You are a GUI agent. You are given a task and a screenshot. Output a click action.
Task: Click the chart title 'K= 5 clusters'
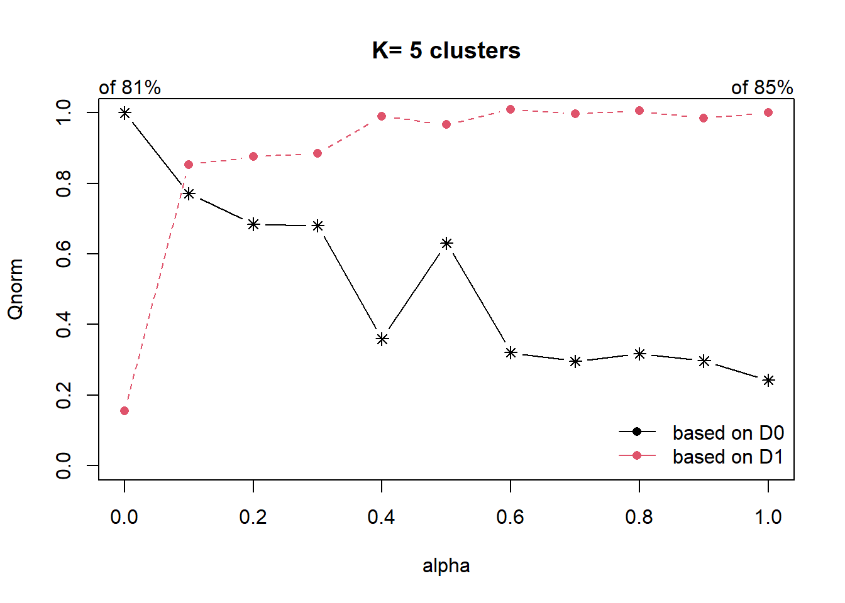click(x=446, y=51)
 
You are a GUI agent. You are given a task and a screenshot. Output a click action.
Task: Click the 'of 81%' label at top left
click(x=130, y=87)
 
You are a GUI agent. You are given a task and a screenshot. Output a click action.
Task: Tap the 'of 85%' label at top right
click(x=761, y=87)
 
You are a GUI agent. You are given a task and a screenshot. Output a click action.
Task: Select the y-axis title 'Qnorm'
click(x=16, y=289)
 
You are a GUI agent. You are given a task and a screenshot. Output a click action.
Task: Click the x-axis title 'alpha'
click(x=446, y=566)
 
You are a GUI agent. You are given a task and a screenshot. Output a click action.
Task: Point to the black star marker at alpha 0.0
click(x=124, y=113)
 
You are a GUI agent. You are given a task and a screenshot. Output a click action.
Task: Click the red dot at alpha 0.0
click(x=124, y=411)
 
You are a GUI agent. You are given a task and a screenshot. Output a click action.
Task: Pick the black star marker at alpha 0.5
click(x=446, y=243)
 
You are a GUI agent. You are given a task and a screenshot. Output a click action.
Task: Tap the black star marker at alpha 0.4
click(x=382, y=339)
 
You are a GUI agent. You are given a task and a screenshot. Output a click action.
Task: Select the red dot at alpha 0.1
click(x=189, y=165)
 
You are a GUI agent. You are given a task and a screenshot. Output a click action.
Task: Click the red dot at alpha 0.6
click(x=511, y=109)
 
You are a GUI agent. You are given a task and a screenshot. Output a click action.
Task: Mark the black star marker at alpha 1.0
click(x=768, y=380)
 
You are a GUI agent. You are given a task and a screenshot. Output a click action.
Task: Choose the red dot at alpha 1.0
click(x=768, y=112)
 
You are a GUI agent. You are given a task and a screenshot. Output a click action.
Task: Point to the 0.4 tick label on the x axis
click(x=382, y=517)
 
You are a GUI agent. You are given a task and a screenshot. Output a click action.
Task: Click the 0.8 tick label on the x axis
click(x=639, y=517)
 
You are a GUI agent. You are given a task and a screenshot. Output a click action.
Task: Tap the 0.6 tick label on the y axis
click(x=64, y=254)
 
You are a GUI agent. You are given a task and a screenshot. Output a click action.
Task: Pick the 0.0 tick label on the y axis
click(x=64, y=465)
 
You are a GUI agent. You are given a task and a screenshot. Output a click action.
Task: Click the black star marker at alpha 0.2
click(x=253, y=224)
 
